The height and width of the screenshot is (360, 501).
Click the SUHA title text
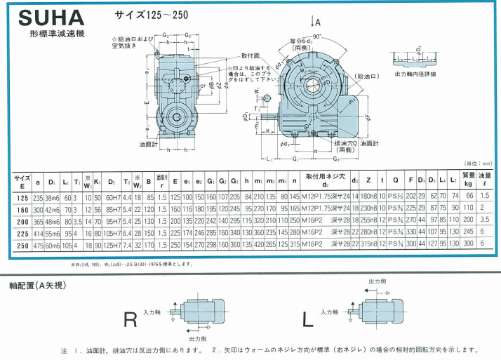[44, 15]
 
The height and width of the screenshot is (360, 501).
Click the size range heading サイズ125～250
[149, 14]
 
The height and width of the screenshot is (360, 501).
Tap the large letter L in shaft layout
[308, 319]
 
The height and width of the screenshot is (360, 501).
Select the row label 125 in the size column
[22, 198]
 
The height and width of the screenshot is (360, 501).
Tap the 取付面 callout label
[250, 55]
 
